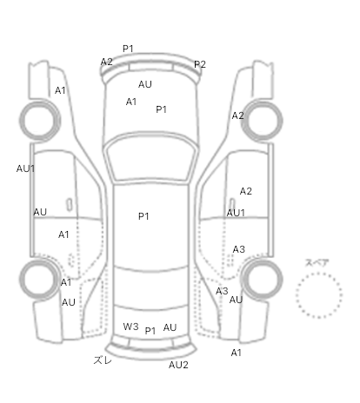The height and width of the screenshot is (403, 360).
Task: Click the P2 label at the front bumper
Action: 200,64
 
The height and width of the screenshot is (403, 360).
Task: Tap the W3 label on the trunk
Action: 130,327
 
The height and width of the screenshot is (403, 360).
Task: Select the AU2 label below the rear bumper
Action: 178,365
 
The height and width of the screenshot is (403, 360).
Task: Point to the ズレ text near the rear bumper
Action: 103,360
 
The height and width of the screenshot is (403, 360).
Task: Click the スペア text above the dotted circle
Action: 317,263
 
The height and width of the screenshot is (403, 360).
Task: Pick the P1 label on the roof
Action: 143,216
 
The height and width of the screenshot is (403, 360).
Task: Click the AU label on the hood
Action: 145,84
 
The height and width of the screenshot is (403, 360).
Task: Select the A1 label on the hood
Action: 131,102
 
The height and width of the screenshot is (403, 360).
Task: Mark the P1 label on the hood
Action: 161,109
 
